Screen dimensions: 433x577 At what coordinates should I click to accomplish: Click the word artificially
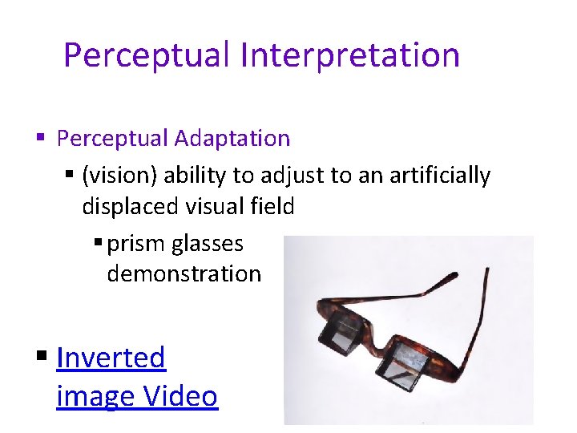click(439, 176)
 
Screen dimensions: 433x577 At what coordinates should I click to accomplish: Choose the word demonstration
click(184, 273)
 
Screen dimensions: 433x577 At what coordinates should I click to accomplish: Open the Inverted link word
click(111, 358)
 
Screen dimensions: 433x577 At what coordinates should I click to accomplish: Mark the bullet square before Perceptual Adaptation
click(42, 139)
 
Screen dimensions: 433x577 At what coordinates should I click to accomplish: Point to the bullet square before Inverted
click(42, 358)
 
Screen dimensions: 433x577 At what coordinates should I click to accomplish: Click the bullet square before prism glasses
click(97, 244)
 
